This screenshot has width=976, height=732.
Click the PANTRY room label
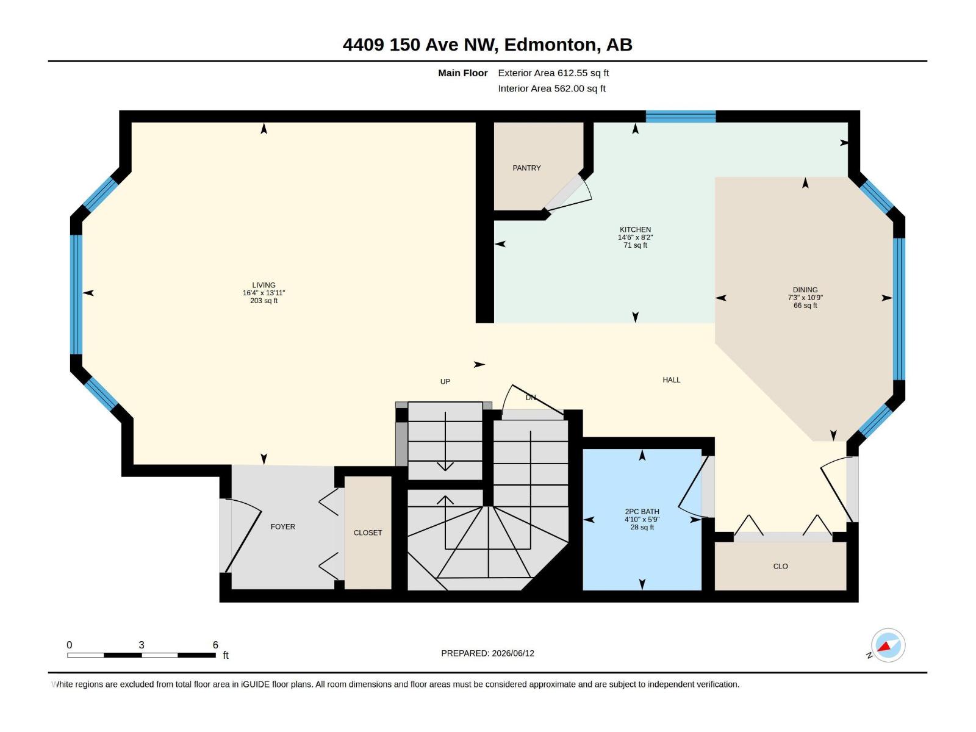526,168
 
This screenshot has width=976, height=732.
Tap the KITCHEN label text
635,229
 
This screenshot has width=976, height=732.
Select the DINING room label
805,290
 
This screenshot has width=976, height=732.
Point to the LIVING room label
264,285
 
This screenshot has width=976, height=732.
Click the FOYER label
283,526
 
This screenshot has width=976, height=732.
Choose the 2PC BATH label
642,512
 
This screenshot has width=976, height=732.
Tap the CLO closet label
780,566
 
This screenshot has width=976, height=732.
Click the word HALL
672,379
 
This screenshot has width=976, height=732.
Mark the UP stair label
445,381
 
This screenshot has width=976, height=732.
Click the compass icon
888,645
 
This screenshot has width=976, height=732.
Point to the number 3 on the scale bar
142,645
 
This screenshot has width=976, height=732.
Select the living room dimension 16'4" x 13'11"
264,293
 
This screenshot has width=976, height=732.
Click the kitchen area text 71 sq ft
635,245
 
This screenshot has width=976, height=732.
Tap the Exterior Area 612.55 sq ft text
553,73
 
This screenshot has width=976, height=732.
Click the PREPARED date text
488,653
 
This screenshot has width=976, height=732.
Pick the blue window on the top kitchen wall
681,117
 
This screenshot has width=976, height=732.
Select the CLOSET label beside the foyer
368,533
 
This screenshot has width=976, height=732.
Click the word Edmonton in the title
550,45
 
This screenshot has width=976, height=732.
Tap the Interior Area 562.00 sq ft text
551,88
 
